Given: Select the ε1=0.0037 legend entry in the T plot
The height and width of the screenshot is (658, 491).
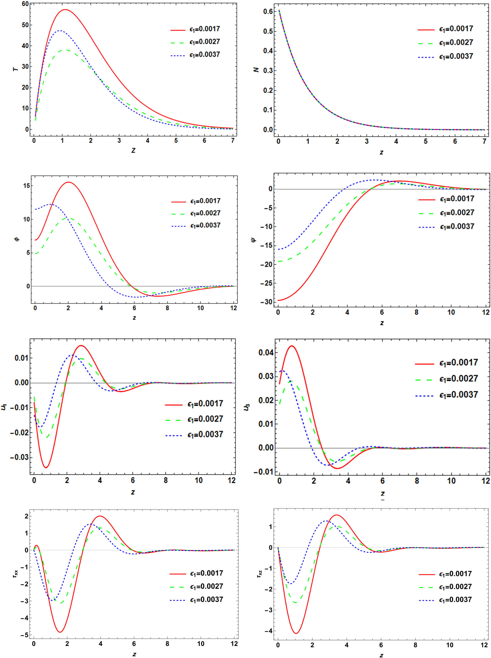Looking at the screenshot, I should (195, 55).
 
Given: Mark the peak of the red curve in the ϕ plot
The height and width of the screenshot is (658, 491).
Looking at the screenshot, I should (68, 182).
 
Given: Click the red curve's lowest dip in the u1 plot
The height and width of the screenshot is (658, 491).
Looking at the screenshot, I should (46, 468).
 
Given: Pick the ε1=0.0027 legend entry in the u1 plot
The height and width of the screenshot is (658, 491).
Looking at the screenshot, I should (194, 419).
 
